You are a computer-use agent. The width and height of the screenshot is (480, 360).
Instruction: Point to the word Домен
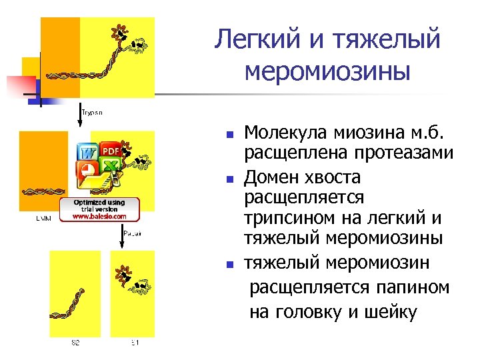click(271, 177)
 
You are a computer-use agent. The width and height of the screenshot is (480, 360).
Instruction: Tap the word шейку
click(389, 311)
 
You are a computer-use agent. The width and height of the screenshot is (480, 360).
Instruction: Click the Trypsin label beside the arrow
click(93, 113)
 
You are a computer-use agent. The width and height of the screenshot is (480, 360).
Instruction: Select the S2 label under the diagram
click(75, 343)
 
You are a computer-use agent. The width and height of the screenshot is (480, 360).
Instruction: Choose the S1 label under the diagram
click(134, 343)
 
